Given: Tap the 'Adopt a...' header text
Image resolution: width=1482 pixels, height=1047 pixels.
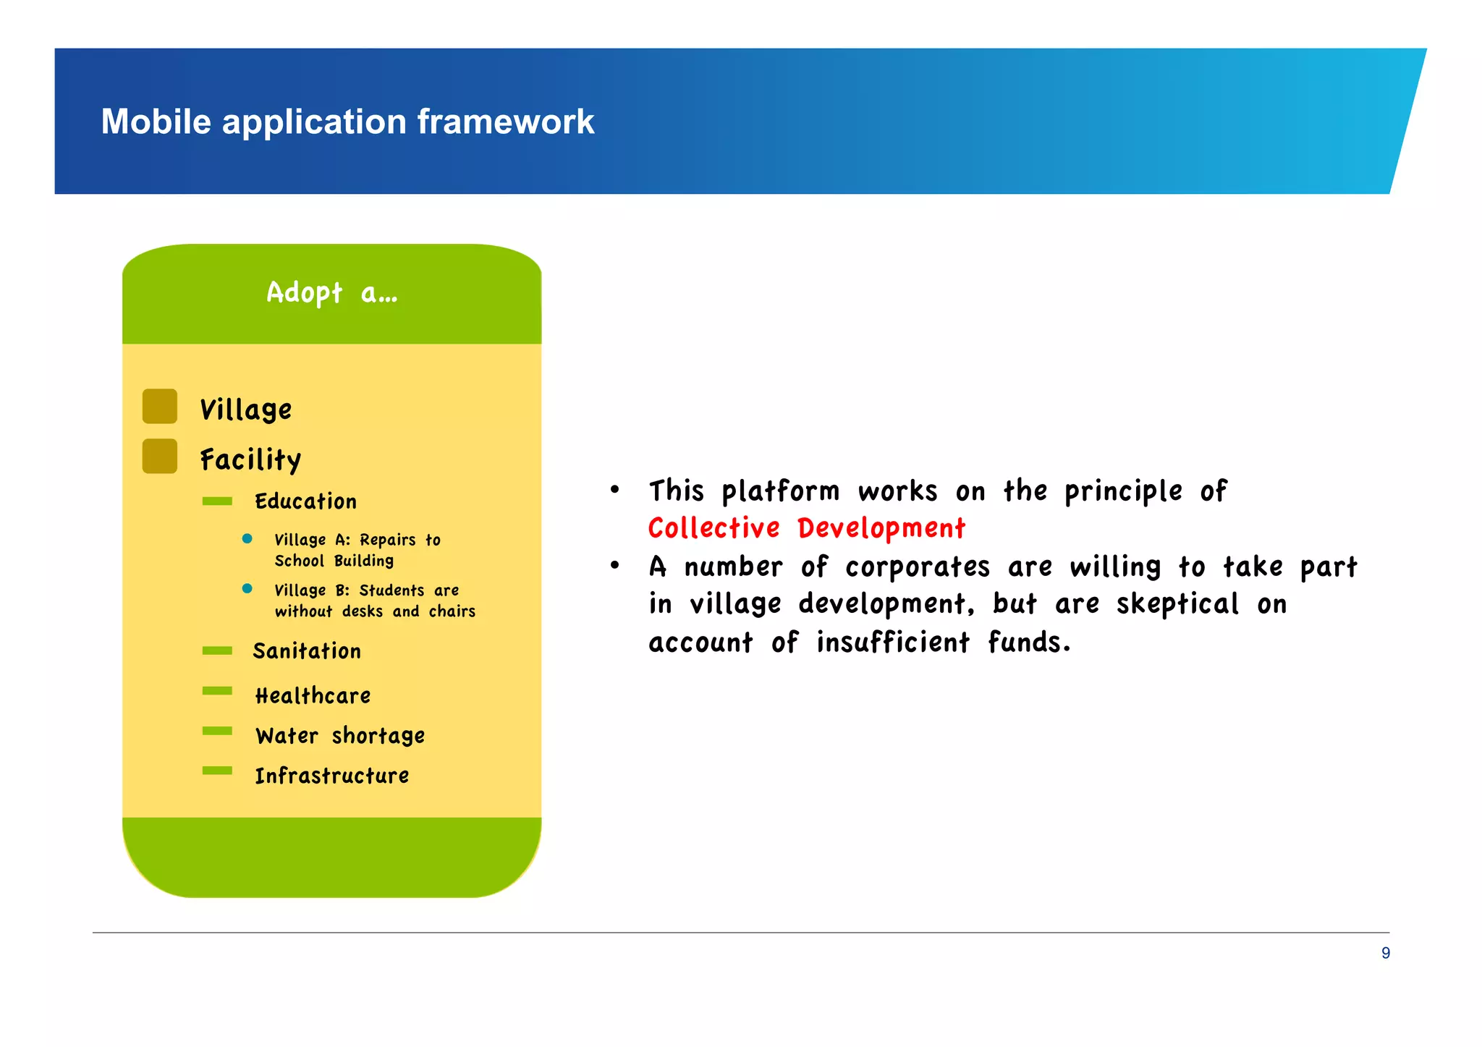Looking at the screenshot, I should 331,293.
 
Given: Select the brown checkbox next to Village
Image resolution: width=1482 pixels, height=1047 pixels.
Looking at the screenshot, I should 160,406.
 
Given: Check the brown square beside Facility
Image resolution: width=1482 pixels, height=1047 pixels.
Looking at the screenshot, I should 160,456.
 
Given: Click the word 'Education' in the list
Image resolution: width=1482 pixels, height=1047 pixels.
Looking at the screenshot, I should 305,501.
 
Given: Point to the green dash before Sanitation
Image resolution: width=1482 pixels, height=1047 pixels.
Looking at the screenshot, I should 217,650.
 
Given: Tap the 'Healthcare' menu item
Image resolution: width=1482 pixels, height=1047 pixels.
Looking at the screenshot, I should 313,696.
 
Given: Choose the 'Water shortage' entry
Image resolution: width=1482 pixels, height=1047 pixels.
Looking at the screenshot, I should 340,736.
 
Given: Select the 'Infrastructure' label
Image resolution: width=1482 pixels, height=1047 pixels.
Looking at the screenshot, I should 331,776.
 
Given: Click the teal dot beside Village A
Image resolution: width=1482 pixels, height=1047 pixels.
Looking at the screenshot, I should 247,538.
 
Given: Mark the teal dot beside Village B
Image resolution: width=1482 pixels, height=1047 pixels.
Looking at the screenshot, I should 247,588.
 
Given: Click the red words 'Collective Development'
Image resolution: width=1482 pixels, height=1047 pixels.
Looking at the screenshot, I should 806,528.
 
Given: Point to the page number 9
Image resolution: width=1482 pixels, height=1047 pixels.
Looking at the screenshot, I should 1385,953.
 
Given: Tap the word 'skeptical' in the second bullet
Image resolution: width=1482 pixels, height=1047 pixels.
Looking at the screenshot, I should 1177,604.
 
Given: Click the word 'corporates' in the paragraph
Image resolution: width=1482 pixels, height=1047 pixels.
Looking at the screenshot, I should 917,567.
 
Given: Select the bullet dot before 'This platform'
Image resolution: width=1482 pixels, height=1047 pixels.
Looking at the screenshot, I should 614,490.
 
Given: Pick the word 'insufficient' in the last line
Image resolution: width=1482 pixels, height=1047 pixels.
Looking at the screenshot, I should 892,643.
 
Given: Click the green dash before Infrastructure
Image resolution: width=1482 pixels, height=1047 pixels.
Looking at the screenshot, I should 217,771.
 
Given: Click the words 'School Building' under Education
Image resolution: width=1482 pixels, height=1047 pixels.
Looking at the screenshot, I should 334,561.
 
